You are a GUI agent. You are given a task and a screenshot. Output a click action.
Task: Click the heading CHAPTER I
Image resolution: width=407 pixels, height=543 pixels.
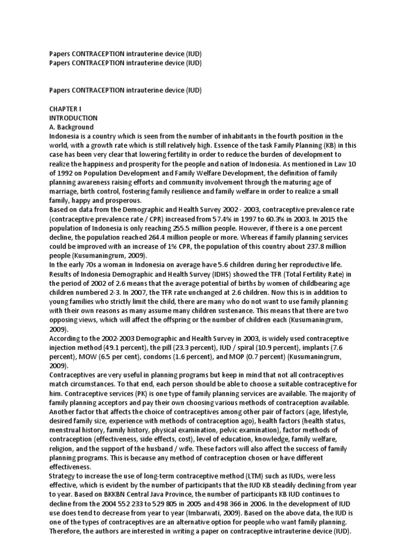[63, 108]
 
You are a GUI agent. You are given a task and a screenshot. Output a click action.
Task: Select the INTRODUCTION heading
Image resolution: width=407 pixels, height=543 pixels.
[73, 118]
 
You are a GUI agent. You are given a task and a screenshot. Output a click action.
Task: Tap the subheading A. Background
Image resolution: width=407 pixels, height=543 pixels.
[72, 127]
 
